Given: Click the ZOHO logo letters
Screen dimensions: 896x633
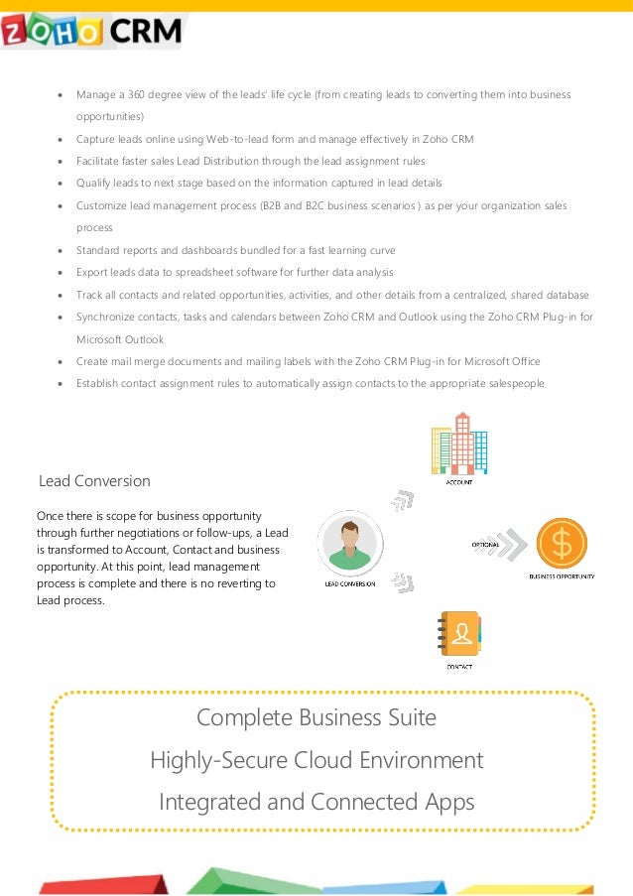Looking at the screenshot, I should click(x=51, y=33).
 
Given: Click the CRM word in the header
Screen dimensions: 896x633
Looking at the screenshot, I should click(x=145, y=32).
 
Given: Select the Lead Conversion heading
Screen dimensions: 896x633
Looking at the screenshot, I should click(x=94, y=481).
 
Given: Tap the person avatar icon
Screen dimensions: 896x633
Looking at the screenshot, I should click(x=347, y=542).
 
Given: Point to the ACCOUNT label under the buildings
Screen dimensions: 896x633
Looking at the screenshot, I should click(x=458, y=482).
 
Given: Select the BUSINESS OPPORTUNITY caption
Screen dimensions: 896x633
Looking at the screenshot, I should click(x=562, y=576).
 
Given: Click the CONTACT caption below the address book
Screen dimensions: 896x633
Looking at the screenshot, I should click(x=459, y=667).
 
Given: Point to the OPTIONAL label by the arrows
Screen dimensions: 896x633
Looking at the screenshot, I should click(x=485, y=545).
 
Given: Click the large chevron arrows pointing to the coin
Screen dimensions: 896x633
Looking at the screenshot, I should click(x=511, y=545).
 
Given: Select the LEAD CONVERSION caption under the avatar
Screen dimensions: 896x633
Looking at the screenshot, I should click(x=349, y=583).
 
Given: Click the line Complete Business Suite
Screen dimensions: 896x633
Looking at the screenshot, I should click(x=316, y=717).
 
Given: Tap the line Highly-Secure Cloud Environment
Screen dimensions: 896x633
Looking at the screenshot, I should click(x=316, y=761).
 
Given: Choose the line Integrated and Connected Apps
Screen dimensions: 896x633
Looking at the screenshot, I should click(x=316, y=802).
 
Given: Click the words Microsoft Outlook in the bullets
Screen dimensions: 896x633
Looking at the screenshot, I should click(x=119, y=339).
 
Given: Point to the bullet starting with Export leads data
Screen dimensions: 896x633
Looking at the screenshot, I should click(x=234, y=272).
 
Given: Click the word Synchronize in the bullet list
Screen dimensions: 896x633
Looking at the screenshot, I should click(x=107, y=317).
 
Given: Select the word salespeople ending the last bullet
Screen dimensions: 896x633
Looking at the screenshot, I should click(x=512, y=383).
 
